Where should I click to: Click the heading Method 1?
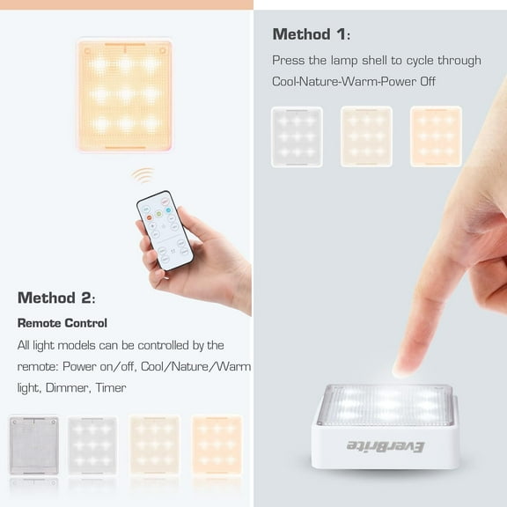pyautogui.click(x=311, y=35)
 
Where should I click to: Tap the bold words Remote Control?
pyautogui.click(x=62, y=323)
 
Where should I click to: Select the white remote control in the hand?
pyautogui.click(x=165, y=229)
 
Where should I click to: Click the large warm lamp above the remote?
pyautogui.click(x=124, y=93)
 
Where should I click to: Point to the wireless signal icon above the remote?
pyautogui.click(x=143, y=175)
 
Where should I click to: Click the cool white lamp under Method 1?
pyautogui.click(x=297, y=136)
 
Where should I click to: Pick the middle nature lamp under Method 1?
pyautogui.click(x=366, y=136)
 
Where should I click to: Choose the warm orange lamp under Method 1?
pyautogui.click(x=436, y=136)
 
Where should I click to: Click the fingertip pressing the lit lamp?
pyautogui.click(x=408, y=364)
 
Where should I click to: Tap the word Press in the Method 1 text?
pyautogui.click(x=287, y=61)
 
